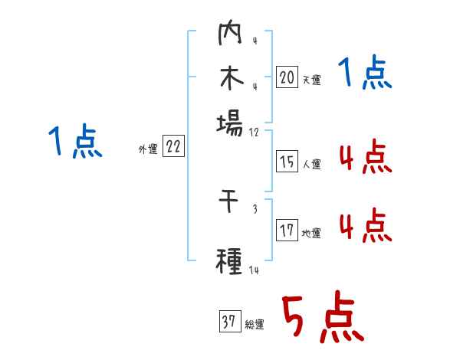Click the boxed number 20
tap(287, 77)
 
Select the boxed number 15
tap(287, 162)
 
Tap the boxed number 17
tap(287, 231)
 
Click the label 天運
tap(311, 79)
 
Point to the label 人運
tap(311, 164)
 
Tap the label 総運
tap(255, 325)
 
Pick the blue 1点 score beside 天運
tap(364, 74)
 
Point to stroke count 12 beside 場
tap(255, 133)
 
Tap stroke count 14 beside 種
tap(255, 270)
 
